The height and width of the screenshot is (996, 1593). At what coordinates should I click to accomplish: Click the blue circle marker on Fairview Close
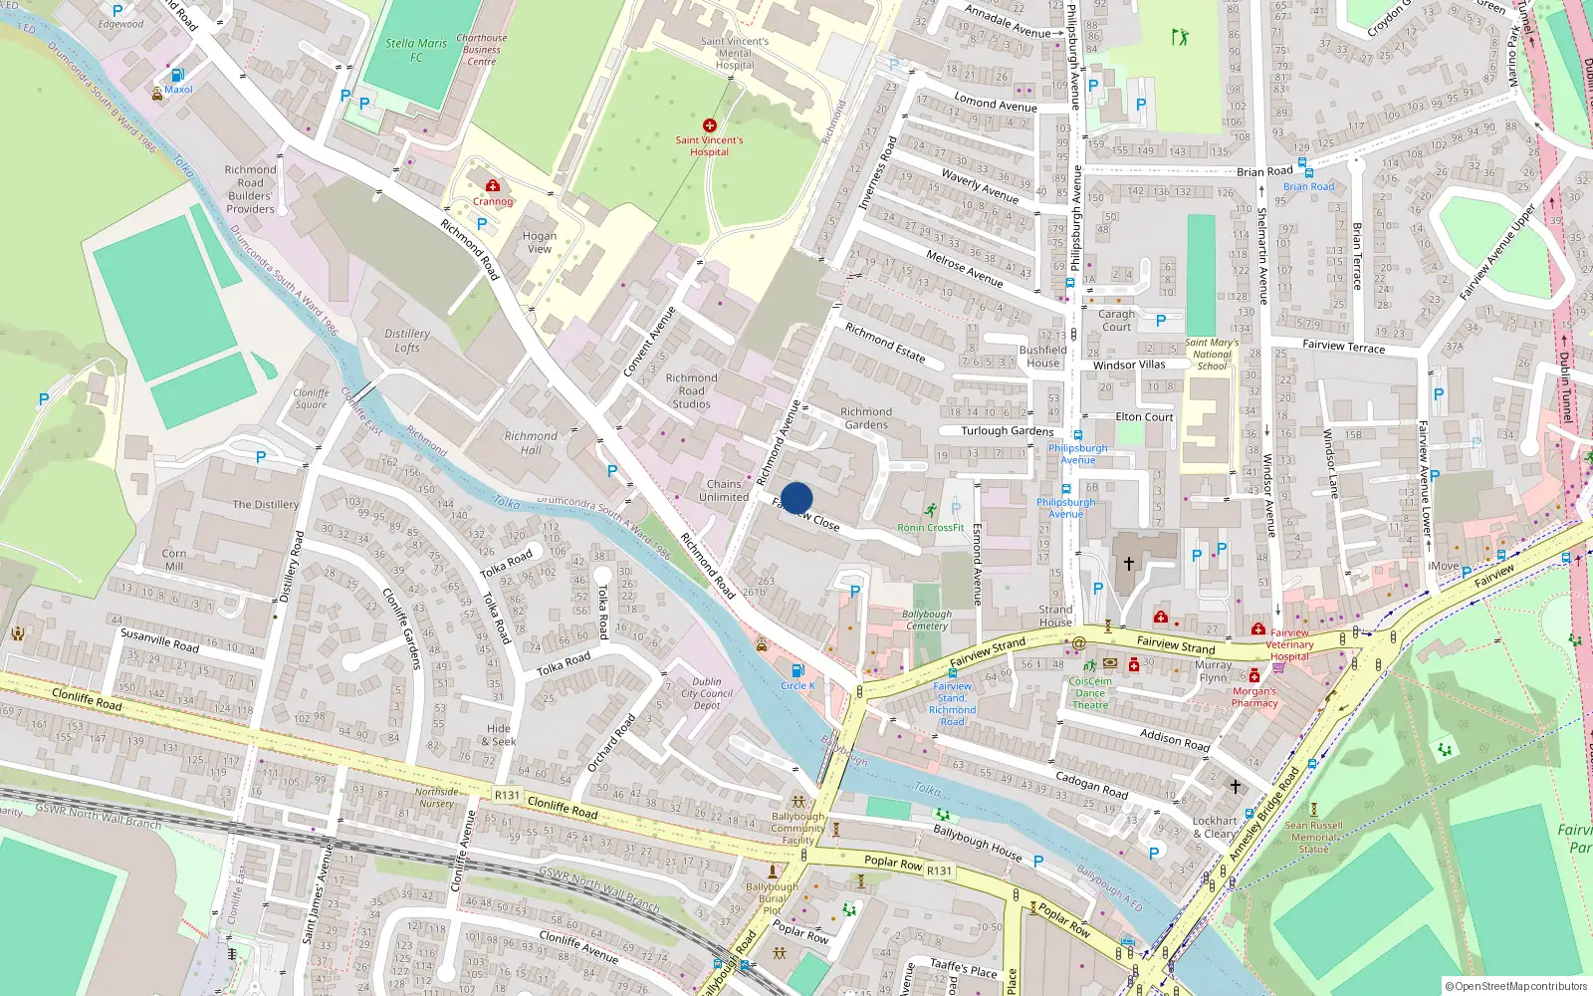pyautogui.click(x=796, y=498)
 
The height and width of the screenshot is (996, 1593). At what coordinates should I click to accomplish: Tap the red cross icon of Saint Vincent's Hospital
pyautogui.click(x=710, y=125)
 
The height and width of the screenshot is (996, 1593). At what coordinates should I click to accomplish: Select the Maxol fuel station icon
pyautogui.click(x=177, y=75)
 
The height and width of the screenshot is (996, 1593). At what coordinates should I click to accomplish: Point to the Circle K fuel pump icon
pyautogui.click(x=797, y=671)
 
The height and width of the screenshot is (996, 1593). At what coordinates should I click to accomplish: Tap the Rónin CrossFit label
pyautogui.click(x=930, y=528)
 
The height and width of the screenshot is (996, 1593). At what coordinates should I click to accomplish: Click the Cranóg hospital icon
pyautogui.click(x=493, y=185)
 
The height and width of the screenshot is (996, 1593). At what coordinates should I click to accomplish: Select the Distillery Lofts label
pyautogui.click(x=407, y=341)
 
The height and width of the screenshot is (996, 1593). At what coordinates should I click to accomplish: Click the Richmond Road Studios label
pyautogui.click(x=691, y=390)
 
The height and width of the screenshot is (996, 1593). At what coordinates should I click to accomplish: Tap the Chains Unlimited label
pyautogui.click(x=724, y=490)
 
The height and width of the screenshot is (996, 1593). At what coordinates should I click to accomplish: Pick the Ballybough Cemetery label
pyautogui.click(x=927, y=620)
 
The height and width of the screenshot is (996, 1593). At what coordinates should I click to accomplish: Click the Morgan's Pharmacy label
pyautogui.click(x=1254, y=697)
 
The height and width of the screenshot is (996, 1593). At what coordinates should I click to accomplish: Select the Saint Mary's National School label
pyautogui.click(x=1212, y=354)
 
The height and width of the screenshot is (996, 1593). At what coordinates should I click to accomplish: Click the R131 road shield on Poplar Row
pyautogui.click(x=939, y=871)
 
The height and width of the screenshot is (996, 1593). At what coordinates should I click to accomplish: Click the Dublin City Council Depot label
pyautogui.click(x=707, y=693)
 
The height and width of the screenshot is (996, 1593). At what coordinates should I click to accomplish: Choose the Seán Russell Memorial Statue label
pyautogui.click(x=1313, y=837)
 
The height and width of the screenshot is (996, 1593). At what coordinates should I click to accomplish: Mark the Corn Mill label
pyautogui.click(x=174, y=560)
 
